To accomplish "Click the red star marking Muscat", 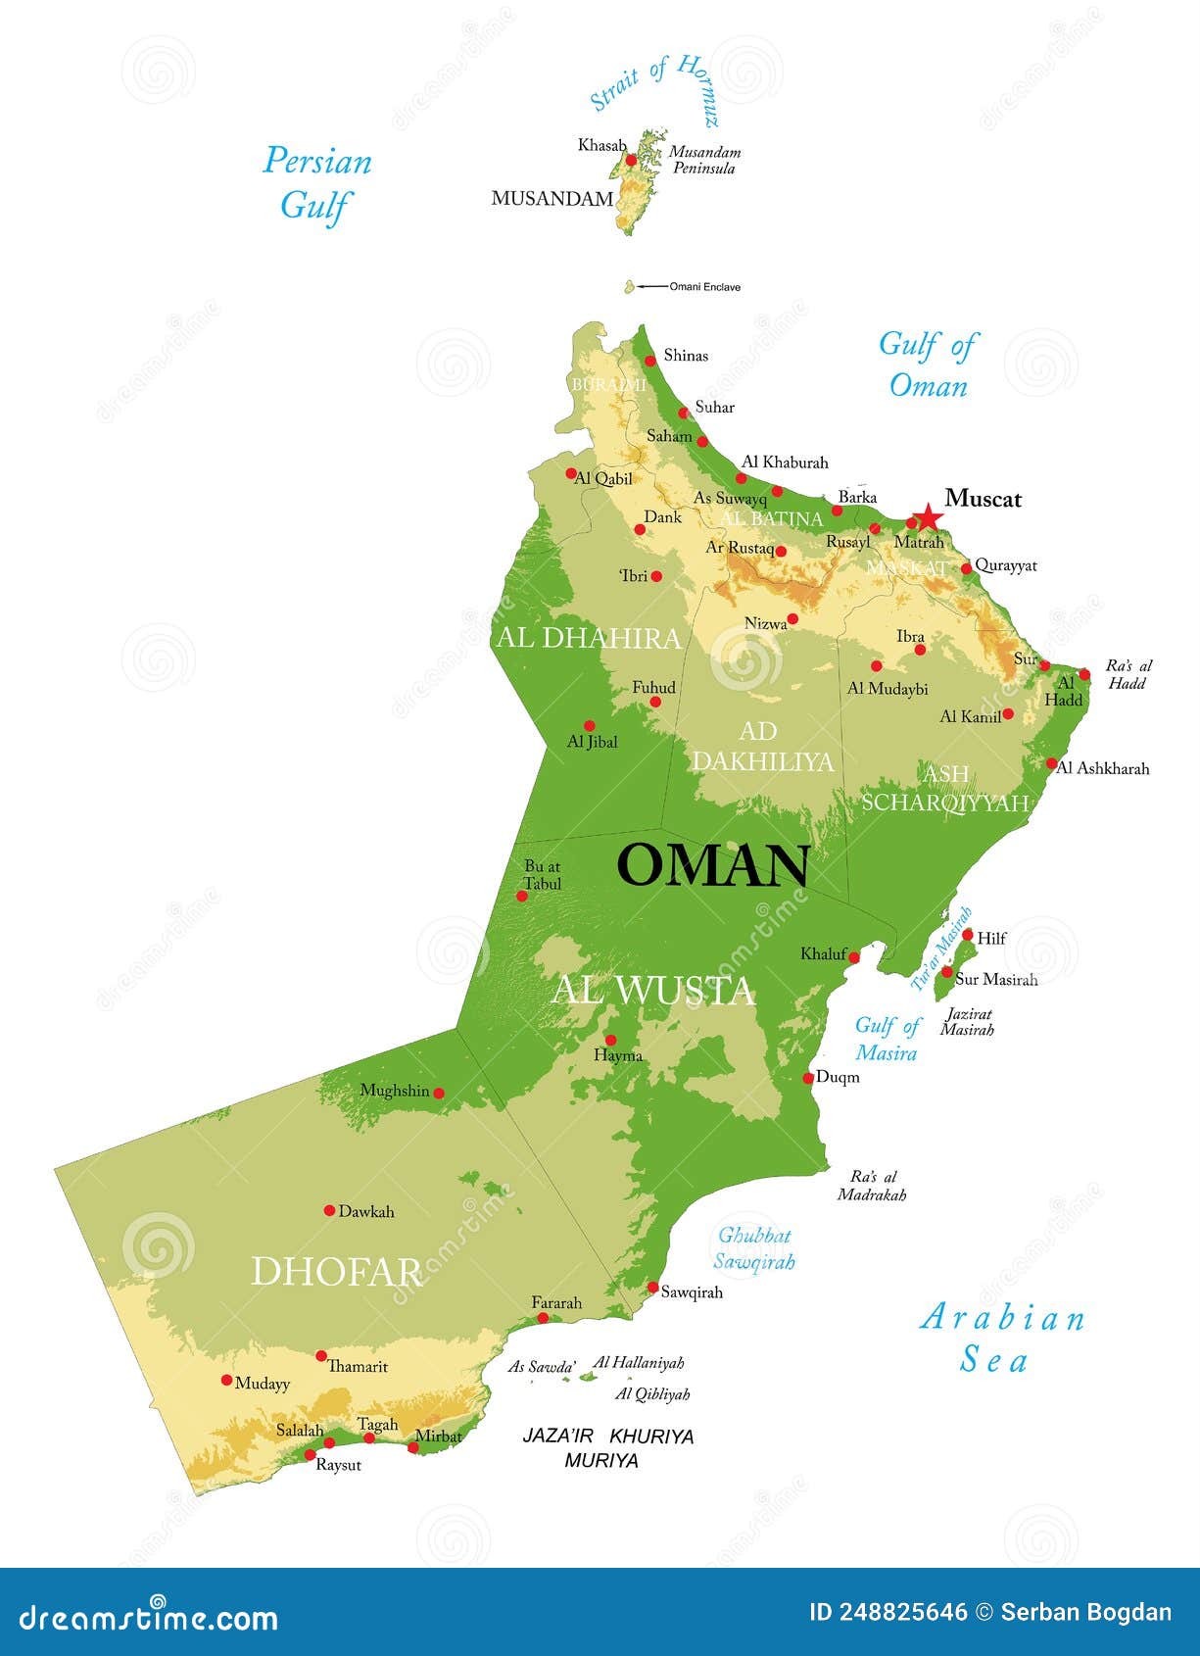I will [927, 517].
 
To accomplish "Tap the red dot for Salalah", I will [329, 1442].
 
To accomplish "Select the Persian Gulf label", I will [316, 183].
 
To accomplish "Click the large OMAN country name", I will [712, 865].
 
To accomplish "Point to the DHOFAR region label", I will [336, 1272].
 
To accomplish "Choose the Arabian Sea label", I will [1001, 1339].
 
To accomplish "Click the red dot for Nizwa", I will [792, 619].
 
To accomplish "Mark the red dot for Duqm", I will [808, 1078].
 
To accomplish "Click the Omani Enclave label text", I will [704, 287].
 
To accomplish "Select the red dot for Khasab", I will [632, 160].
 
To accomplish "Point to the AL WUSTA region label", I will [652, 991].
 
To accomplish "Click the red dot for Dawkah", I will [329, 1210].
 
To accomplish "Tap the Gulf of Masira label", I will [887, 1039].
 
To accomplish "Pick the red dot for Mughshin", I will [439, 1093].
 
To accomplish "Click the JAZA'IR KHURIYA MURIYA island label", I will [607, 1448].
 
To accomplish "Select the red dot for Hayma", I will [610, 1041].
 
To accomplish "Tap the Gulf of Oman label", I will [926, 365].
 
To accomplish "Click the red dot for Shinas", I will [649, 361].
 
